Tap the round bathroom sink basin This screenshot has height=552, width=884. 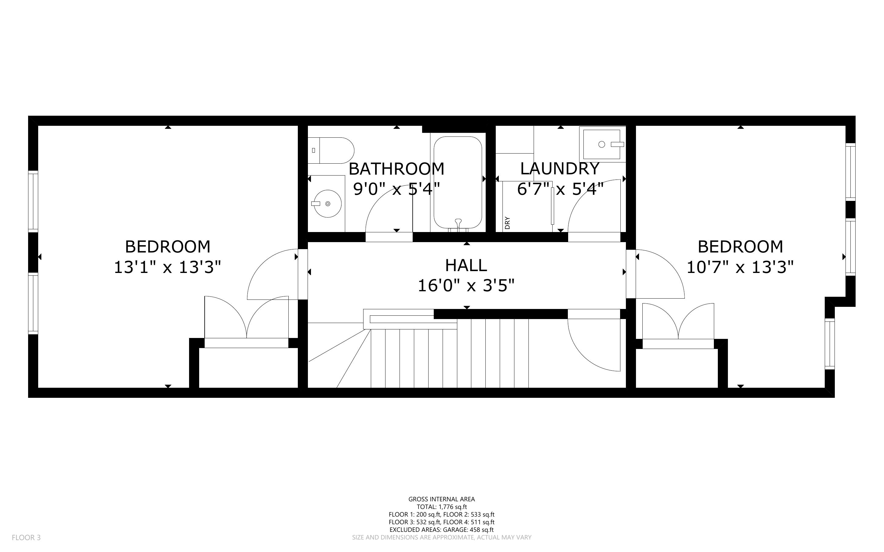pos(327,203)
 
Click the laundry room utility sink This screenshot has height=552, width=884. pos(602,144)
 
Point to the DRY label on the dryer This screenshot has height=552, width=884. pos(507,223)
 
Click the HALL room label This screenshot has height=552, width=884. pos(466,265)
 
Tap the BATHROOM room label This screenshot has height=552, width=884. pos(396,169)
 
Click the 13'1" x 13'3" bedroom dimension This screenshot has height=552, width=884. pos(168,267)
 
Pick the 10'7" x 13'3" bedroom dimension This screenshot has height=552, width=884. pos(740,267)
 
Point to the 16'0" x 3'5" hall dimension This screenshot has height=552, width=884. pos(466,285)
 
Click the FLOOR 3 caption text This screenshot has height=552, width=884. pos(26,538)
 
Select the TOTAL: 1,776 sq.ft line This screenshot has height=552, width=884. pos(442,507)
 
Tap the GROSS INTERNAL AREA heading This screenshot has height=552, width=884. pos(442,499)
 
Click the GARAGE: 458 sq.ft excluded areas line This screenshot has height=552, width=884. pos(441,530)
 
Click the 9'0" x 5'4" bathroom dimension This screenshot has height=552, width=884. pos(396,189)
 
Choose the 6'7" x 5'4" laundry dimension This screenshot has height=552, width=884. pos(560,189)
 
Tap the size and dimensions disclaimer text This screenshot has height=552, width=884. pos(442,537)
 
